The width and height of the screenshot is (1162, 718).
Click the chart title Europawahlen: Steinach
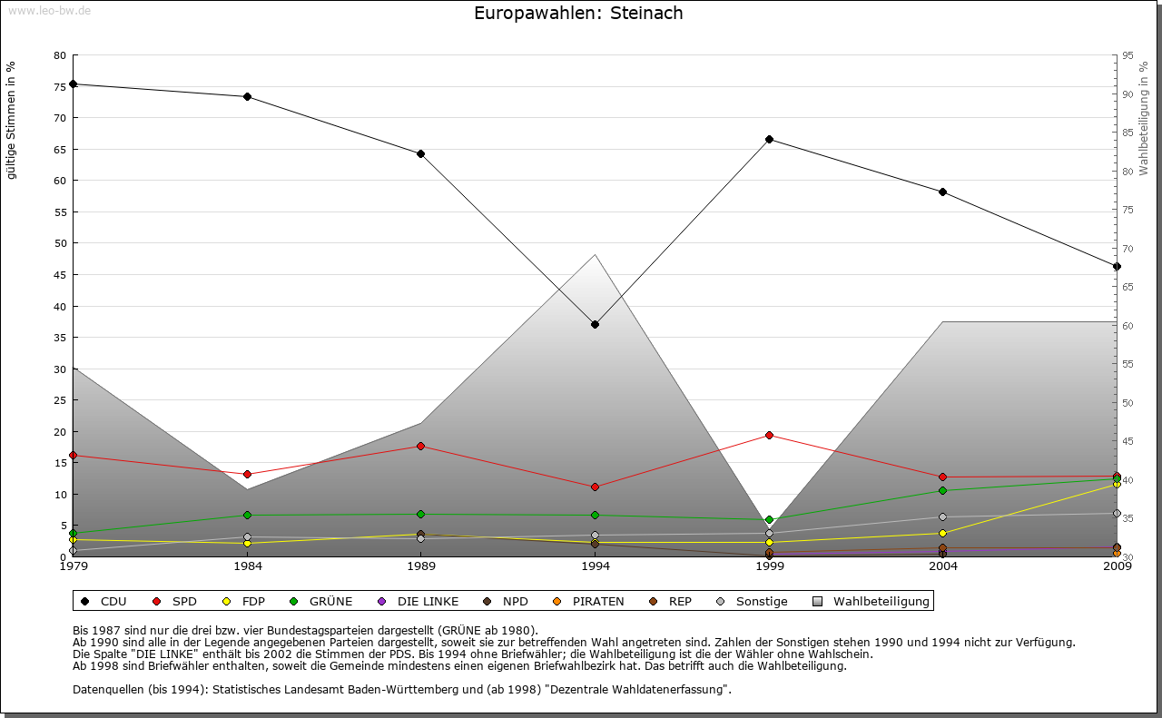pos(578,14)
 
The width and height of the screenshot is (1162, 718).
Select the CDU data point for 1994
pos(596,324)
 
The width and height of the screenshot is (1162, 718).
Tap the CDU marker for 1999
pos(769,139)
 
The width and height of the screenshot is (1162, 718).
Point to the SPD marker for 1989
pos(421,446)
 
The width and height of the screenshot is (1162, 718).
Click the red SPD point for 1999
pos(769,435)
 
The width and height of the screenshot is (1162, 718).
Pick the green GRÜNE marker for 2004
pos(943,490)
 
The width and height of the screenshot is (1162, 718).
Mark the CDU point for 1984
pos(247,96)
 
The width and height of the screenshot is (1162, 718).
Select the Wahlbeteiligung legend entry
pos(871,601)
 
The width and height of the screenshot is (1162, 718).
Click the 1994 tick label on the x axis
pos(596,567)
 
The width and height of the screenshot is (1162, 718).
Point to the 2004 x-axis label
pos(943,567)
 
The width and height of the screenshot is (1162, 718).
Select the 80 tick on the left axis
pos(60,55)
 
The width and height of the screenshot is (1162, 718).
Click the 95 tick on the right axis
pos(1128,55)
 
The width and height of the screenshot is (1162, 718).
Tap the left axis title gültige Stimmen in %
pos(12,120)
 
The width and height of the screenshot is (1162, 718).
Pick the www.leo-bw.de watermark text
pos(49,10)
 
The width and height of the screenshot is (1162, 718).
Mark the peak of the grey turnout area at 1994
pos(596,254)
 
